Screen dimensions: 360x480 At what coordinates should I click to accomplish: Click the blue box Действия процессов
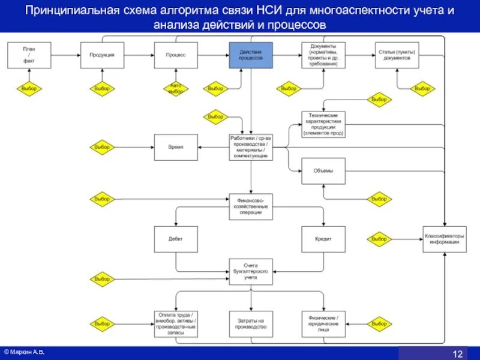click(251, 55)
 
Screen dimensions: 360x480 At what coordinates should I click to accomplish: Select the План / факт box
click(29, 55)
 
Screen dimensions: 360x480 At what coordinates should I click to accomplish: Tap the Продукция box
click(102, 55)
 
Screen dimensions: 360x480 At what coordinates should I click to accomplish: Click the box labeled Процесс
click(176, 55)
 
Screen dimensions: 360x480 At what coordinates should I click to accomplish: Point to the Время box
click(176, 147)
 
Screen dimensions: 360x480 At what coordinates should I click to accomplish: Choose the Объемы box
click(323, 171)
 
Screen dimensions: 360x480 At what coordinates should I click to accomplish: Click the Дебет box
click(176, 239)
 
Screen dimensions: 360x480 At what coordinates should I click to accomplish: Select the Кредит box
click(323, 239)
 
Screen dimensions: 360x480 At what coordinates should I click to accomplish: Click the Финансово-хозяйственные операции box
click(251, 207)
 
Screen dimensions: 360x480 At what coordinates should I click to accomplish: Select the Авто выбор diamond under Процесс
click(176, 89)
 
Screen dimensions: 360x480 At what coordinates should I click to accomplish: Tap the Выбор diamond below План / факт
click(29, 89)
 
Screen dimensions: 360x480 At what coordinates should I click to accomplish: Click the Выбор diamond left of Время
click(102, 147)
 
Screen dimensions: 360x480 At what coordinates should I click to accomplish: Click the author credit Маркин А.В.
click(26, 350)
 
